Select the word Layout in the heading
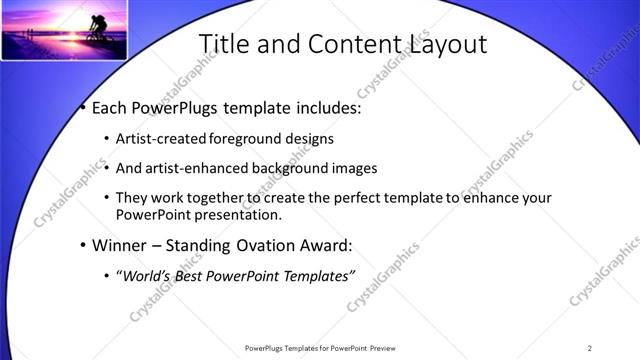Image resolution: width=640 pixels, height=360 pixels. click(x=442, y=44)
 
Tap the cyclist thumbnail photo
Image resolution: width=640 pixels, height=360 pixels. click(x=64, y=31)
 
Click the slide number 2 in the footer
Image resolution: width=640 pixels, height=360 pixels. click(x=590, y=348)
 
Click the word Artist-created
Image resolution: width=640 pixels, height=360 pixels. click(x=160, y=138)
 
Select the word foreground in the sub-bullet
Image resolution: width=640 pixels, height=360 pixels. click(x=247, y=138)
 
